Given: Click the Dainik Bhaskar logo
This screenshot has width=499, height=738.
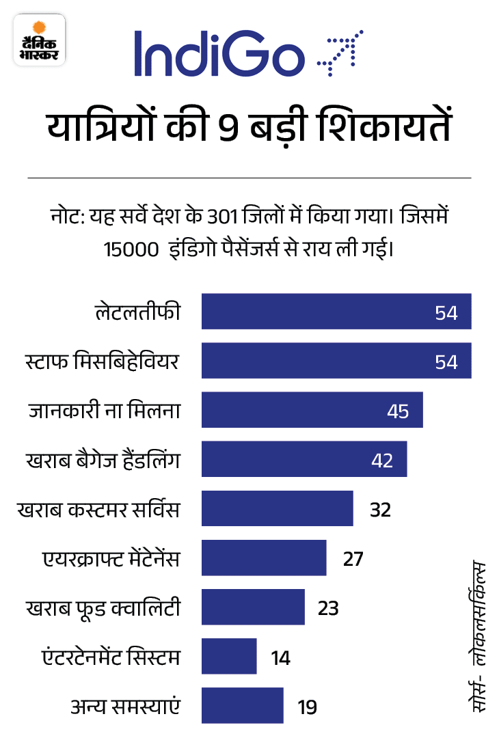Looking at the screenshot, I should tap(40, 42).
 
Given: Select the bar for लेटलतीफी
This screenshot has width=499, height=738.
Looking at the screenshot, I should tap(336, 312).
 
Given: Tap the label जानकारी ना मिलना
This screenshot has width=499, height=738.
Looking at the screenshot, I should tap(104, 411).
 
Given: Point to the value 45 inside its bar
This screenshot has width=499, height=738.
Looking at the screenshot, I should tap(397, 411).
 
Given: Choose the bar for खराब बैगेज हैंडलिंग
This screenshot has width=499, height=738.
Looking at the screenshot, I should tap(304, 459).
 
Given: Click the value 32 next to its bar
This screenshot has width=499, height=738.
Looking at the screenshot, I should tap(380, 510).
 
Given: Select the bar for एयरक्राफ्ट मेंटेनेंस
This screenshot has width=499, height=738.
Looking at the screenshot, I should tap(264, 558).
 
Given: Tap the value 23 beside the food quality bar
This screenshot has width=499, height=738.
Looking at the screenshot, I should tap(328, 607).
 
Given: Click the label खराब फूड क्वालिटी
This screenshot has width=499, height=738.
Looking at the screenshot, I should tap(103, 607).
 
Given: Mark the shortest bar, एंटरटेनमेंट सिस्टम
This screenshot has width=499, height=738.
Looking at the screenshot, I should tap(229, 657).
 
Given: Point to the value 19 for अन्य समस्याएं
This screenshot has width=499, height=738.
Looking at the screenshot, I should tap(307, 707).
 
